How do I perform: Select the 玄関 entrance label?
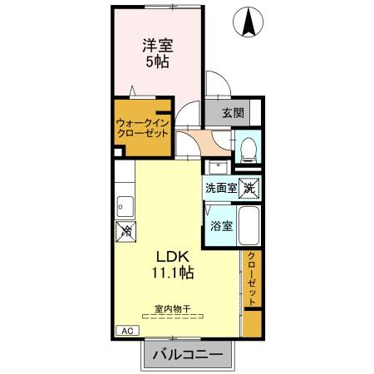pyautogui.click(x=234, y=113)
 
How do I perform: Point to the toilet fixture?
pyautogui.click(x=248, y=150)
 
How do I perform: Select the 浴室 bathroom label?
pyautogui.click(x=221, y=225)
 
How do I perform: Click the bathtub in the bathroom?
pyautogui.click(x=251, y=225)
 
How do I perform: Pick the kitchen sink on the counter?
pyautogui.click(x=125, y=204)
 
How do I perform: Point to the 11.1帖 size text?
pyautogui.click(x=173, y=272)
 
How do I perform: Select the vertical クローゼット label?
pyautogui.click(x=252, y=280)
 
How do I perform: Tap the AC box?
pyautogui.click(x=127, y=330)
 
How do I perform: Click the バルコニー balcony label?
pyautogui.click(x=188, y=355)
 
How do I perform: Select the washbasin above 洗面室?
pyautogui.click(x=213, y=165)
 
